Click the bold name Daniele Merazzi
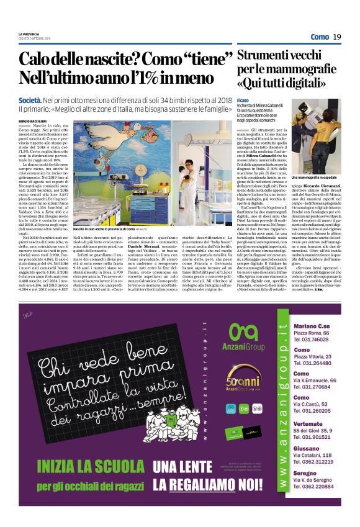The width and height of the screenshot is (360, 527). click(x=153, y=248)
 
